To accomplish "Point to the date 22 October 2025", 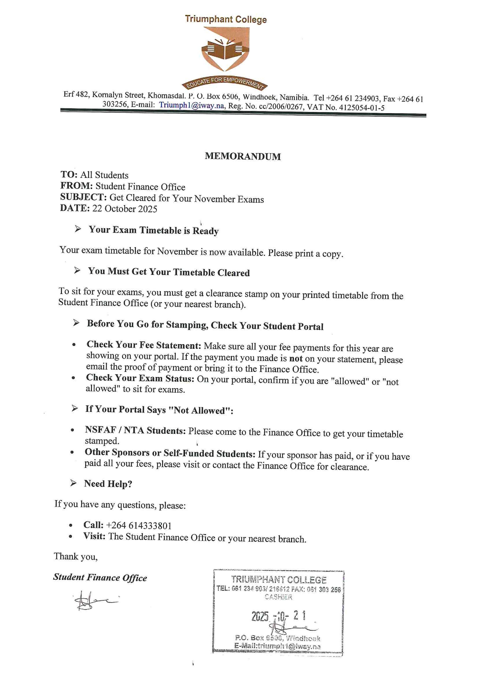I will coord(125,209).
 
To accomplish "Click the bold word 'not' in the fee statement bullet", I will coord(296,358).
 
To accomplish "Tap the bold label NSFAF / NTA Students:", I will coord(135,430).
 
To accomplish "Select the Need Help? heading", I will coord(108,484).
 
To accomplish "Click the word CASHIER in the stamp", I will coord(278,597).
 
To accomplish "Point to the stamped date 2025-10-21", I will coord(278,616).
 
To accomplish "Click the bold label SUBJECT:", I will coord(83,197).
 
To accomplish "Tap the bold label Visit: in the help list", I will coord(94,536).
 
